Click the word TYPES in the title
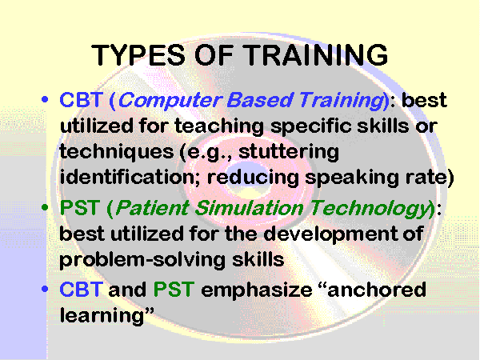tap(138, 55)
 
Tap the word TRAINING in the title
tap(316, 55)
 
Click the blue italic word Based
tap(259, 100)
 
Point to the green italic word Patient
tap(152, 208)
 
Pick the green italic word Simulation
tap(249, 208)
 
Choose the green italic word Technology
tap(370, 209)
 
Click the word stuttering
tap(289, 152)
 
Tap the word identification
tap(130, 176)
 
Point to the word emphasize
tap(257, 290)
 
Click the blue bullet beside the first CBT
tap(45, 99)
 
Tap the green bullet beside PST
tap(45, 207)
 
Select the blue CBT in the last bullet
tap(81, 290)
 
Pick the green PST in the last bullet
tap(174, 290)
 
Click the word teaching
tap(219, 126)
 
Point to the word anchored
tap(377, 290)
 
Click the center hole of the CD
tap(247, 178)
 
